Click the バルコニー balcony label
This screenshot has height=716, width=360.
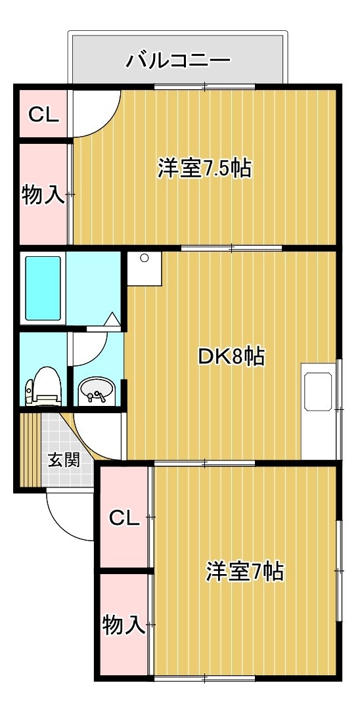pos(179,60)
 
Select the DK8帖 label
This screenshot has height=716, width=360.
pos(231,356)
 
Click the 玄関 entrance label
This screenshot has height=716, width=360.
pos(64,460)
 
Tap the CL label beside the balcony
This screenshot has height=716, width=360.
pos(44,114)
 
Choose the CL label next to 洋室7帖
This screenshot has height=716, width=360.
pos(124,518)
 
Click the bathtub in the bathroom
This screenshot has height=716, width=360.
pos(43,288)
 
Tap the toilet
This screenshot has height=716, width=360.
pos(43,386)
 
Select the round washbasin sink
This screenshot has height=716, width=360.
pos(97,390)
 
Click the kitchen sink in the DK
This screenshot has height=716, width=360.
pos(318,392)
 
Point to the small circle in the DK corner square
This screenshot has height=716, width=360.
pos(145,258)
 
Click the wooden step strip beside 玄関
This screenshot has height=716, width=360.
pos(31,450)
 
